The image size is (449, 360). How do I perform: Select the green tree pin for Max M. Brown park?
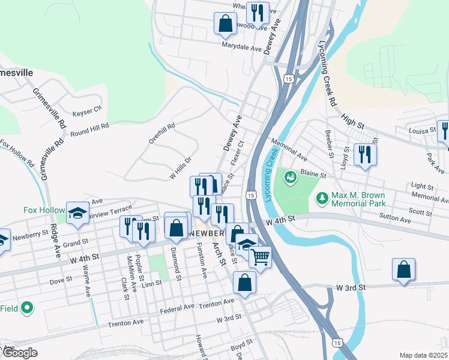click(x=322, y=197)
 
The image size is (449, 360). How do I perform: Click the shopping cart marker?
click(x=259, y=257)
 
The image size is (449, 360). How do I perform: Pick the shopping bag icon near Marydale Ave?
click(x=225, y=24)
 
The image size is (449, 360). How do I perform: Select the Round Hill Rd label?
click(x=89, y=129)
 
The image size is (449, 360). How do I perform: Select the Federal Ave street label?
click(x=177, y=308)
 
